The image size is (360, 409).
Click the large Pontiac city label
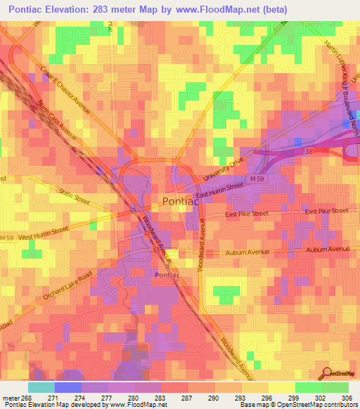click(x=181, y=201)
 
